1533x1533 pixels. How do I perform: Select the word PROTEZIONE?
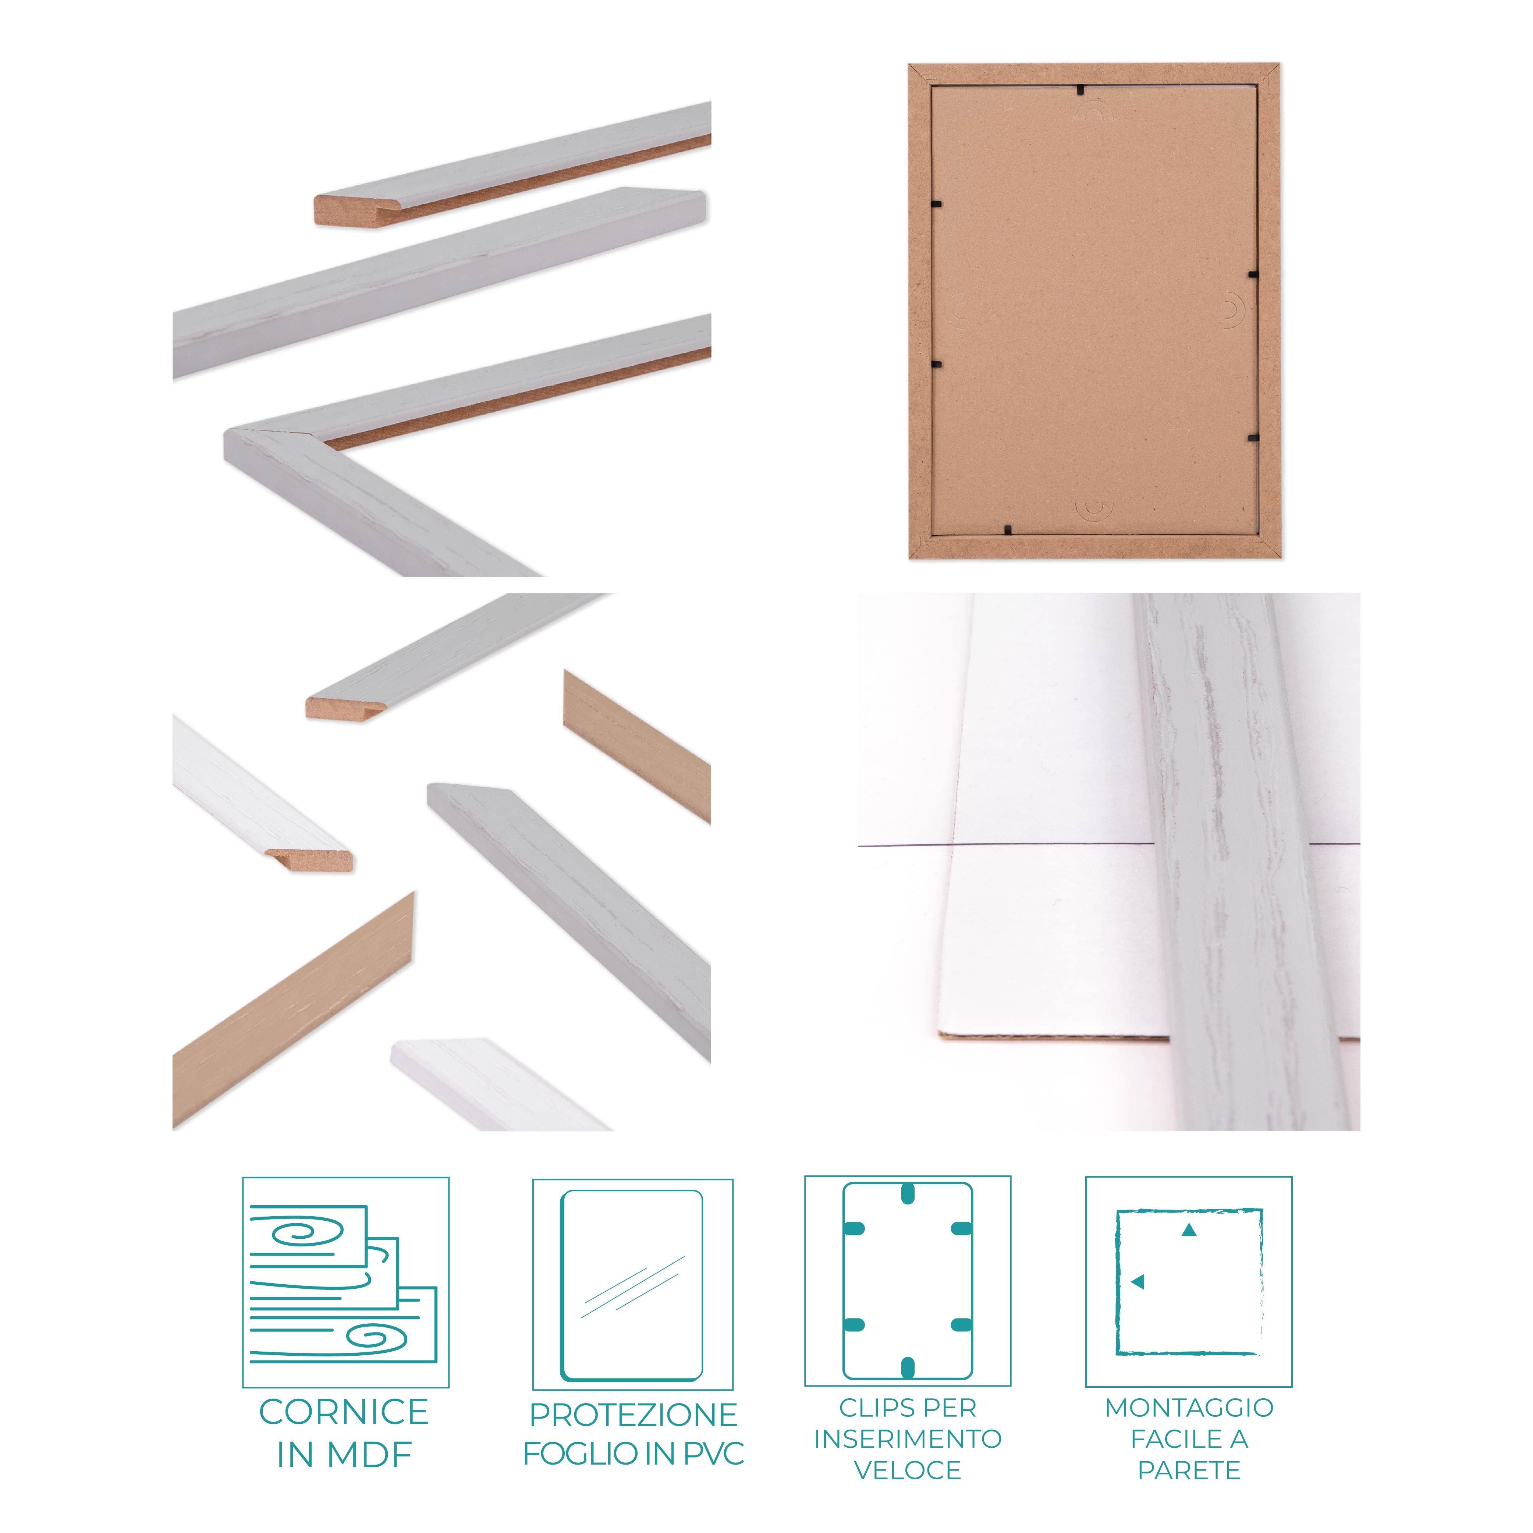tap(633, 1415)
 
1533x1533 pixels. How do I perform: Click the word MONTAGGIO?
tap(1189, 1408)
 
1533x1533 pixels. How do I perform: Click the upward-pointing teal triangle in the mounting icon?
tap(1189, 1231)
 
